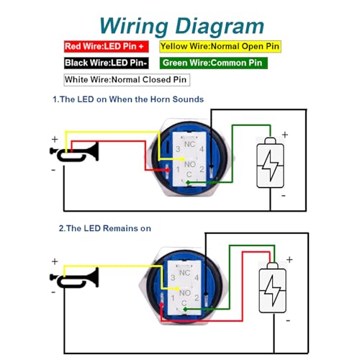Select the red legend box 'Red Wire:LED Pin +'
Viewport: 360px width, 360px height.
[105, 47]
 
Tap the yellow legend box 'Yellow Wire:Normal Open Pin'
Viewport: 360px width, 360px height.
[219, 47]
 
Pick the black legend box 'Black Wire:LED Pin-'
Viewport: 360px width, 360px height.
[105, 63]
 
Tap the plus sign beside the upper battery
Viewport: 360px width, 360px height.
[284, 135]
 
